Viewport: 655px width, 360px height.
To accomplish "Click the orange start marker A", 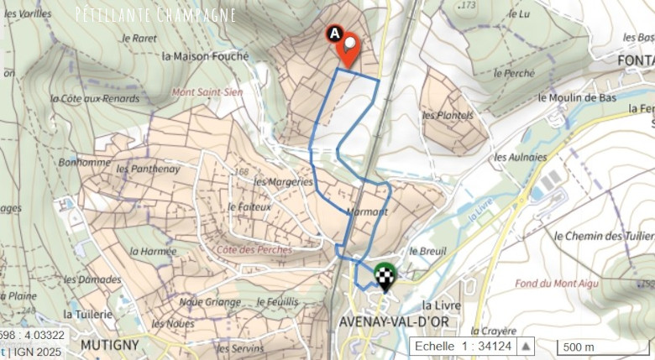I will pos(345,47).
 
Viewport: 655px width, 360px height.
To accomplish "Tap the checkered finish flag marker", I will pos(385,275).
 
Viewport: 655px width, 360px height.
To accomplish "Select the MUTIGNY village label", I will pos(107,345).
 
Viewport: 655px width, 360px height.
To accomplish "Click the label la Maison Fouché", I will pos(206,57).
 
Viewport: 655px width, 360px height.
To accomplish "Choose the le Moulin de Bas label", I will pos(577,97).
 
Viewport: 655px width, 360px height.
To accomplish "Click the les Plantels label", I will pos(448,115).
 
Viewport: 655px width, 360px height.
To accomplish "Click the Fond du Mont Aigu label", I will pos(551,283).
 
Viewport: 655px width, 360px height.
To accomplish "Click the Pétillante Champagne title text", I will pos(155,14).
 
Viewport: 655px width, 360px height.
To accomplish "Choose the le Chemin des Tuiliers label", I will pos(604,236).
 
